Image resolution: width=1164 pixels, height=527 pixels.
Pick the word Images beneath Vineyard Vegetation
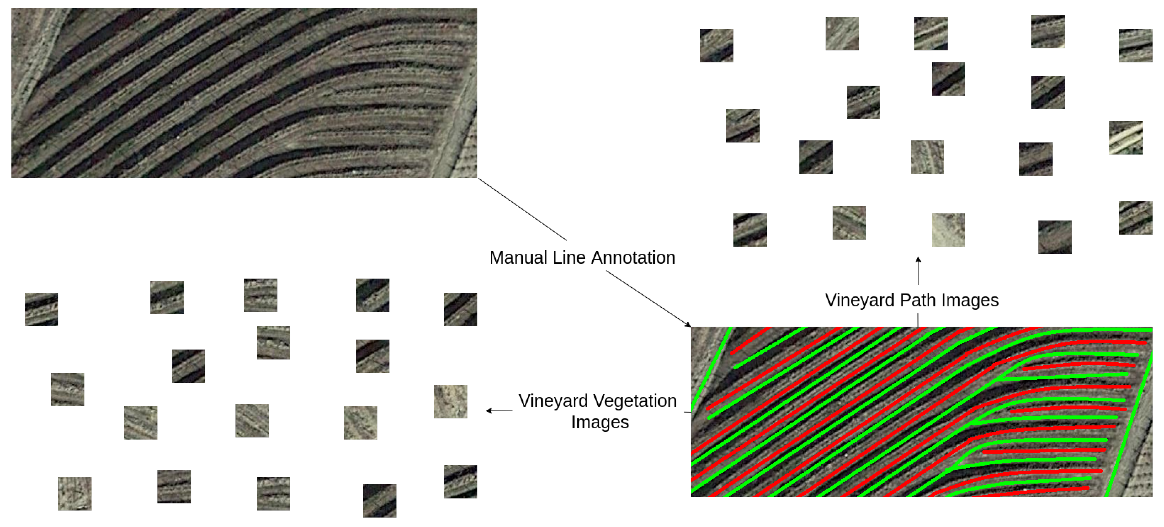tap(600, 422)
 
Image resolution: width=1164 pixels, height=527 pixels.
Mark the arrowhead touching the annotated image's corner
tap(688, 324)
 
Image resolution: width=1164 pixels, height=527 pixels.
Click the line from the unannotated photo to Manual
tap(522, 209)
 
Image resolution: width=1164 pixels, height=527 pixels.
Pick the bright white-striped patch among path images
tap(1126, 138)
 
